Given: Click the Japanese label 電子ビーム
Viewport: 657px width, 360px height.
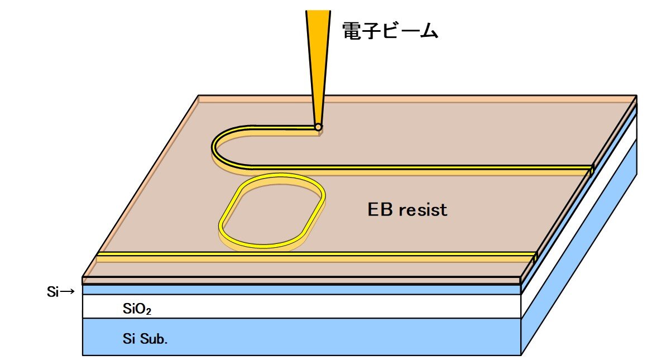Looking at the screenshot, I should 390,31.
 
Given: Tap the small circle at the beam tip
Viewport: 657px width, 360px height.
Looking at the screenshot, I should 318,127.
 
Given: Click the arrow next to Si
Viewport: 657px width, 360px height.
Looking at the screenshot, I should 67,291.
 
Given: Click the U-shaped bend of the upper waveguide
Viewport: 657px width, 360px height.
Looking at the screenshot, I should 215,148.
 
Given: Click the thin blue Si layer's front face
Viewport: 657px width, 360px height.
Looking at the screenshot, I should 301,290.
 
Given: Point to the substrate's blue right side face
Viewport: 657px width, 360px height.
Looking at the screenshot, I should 586,262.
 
